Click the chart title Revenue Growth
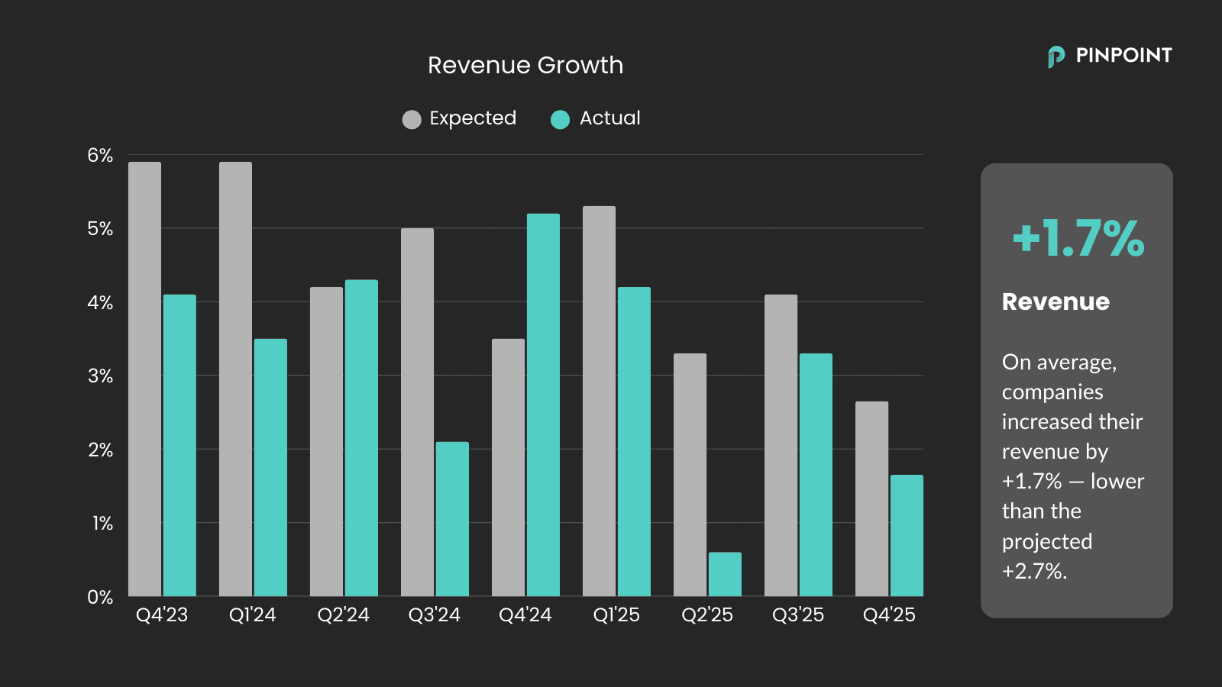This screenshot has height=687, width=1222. (525, 66)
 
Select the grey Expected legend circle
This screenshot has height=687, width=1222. (412, 120)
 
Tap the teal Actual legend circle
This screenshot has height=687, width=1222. (560, 120)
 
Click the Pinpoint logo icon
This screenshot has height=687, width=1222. (1056, 56)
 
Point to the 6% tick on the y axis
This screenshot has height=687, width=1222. (100, 156)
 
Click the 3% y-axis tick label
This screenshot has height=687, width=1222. (100, 376)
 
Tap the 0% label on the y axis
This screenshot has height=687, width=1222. (100, 597)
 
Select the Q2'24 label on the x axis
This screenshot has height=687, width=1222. (343, 615)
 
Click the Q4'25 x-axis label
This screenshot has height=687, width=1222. (889, 615)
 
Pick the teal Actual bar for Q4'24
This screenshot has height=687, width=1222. (543, 405)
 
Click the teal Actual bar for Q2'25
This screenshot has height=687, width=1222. (725, 574)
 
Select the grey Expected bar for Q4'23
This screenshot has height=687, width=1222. (144, 379)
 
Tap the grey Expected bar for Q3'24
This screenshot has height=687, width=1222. (417, 412)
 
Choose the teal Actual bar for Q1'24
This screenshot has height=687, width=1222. (270, 467)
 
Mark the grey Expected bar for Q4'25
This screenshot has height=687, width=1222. (871, 498)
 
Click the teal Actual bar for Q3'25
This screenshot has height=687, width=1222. (816, 474)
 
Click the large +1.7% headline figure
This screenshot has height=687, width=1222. (1078, 238)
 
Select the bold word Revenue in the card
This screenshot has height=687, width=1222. (1056, 302)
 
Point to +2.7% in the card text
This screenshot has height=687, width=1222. (1034, 571)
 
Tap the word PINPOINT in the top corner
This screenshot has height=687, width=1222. (1123, 56)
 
